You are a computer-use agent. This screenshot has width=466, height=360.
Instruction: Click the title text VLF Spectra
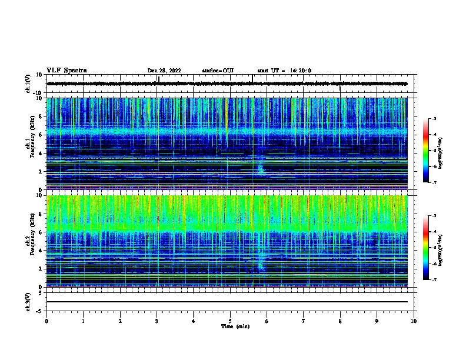tap(66, 70)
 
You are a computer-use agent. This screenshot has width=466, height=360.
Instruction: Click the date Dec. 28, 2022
tap(164, 71)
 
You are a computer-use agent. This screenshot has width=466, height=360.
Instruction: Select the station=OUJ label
tap(218, 71)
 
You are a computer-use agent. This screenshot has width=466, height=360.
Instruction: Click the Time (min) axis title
tap(235, 326)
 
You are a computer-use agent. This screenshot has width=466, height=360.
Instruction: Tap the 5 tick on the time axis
tap(230, 321)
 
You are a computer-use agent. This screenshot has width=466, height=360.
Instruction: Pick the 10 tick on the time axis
tap(414, 321)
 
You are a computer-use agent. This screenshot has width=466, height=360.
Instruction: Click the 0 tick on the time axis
tap(46, 321)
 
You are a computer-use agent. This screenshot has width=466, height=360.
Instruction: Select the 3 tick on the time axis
tap(157, 321)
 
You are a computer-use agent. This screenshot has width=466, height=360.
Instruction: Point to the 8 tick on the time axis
tap(340, 321)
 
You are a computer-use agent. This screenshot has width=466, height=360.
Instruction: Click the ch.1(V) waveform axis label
tap(28, 84)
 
